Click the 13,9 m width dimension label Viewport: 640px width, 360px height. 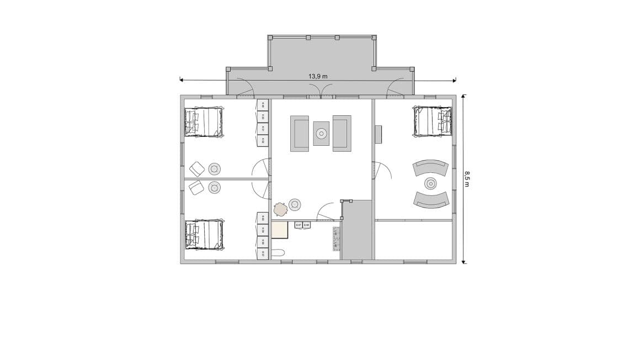318,76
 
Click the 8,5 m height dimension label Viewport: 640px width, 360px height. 467,178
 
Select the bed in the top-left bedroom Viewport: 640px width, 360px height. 204,122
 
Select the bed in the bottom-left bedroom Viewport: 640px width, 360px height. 205,235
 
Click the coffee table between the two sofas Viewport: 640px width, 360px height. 321,133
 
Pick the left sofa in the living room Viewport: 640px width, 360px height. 300,134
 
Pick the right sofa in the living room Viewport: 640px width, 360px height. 342,134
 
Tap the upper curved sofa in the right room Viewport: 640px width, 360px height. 430,167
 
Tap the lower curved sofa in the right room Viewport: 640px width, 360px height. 430,199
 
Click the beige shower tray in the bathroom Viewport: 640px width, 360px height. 280,230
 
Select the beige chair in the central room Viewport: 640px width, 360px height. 281,209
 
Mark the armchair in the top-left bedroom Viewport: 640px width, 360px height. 196,168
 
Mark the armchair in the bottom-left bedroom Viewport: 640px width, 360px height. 196,188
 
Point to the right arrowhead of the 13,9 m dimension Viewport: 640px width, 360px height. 454,81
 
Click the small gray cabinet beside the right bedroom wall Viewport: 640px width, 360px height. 378,134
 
